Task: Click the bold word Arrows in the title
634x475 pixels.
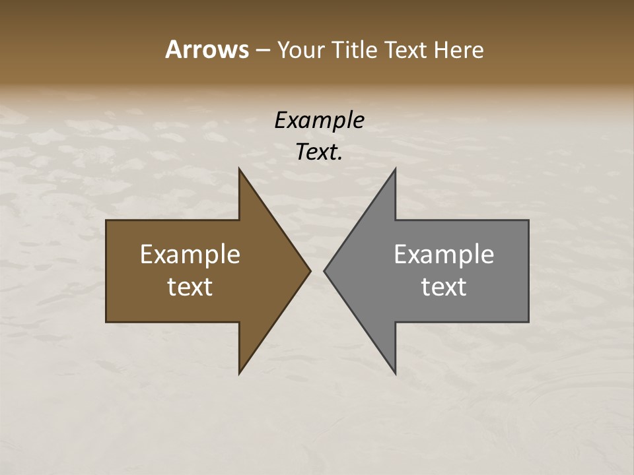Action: point(206,49)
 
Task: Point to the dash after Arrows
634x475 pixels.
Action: point(262,50)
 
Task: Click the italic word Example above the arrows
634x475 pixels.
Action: point(319,120)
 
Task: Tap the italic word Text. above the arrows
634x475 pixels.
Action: point(319,152)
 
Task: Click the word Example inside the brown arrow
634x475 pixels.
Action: point(190,254)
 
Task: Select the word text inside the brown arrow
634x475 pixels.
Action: point(190,287)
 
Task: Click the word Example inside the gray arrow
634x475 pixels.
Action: point(444,254)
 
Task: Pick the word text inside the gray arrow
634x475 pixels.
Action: point(444,287)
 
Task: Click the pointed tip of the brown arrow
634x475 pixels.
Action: point(310,270)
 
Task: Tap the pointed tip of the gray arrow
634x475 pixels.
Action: point(324,270)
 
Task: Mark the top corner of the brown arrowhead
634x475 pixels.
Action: point(239,169)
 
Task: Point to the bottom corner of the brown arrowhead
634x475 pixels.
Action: point(239,373)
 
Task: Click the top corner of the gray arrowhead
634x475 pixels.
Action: point(395,169)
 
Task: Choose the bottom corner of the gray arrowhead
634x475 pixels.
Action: point(395,373)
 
